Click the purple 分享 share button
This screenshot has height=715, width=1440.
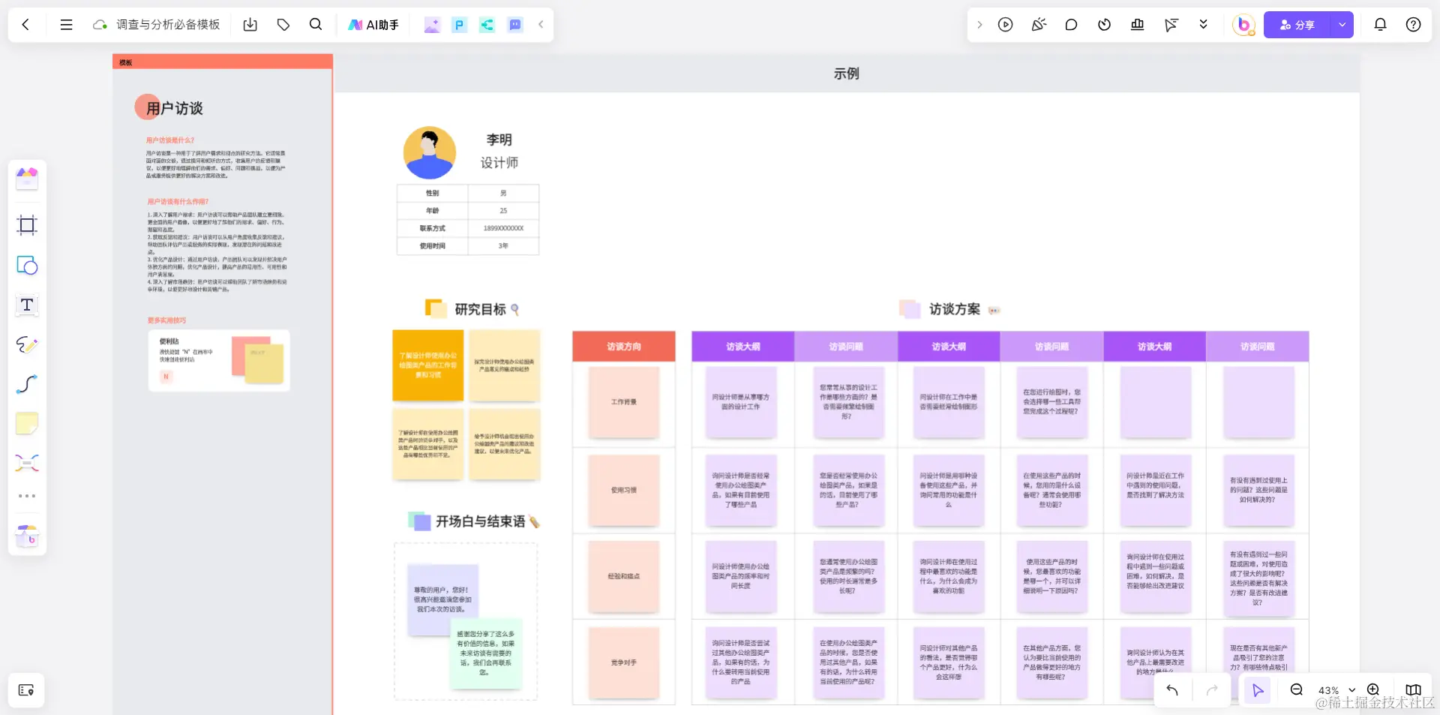point(1297,25)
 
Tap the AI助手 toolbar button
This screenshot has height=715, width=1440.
point(373,25)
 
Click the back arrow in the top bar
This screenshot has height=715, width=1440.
point(25,25)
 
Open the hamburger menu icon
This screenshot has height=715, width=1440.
point(66,25)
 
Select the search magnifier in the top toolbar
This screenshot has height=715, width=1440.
point(316,25)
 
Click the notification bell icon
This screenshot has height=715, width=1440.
point(1380,25)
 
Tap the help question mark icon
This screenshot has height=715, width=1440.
point(1413,25)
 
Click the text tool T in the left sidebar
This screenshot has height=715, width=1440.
point(27,305)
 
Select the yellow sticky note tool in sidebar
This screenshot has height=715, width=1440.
point(27,424)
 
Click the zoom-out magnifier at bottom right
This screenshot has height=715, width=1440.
point(1296,689)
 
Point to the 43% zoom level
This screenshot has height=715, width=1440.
point(1328,690)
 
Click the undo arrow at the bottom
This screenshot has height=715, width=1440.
point(1172,689)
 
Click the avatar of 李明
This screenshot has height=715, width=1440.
point(430,152)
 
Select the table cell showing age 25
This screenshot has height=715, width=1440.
point(503,211)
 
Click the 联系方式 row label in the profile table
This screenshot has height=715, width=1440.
point(432,228)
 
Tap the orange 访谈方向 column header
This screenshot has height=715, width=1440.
point(623,347)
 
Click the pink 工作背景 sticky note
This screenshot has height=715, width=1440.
point(623,402)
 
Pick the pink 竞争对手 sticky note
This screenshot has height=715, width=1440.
point(623,662)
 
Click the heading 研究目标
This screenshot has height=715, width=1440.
point(480,309)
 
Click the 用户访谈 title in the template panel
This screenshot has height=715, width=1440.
point(174,109)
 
